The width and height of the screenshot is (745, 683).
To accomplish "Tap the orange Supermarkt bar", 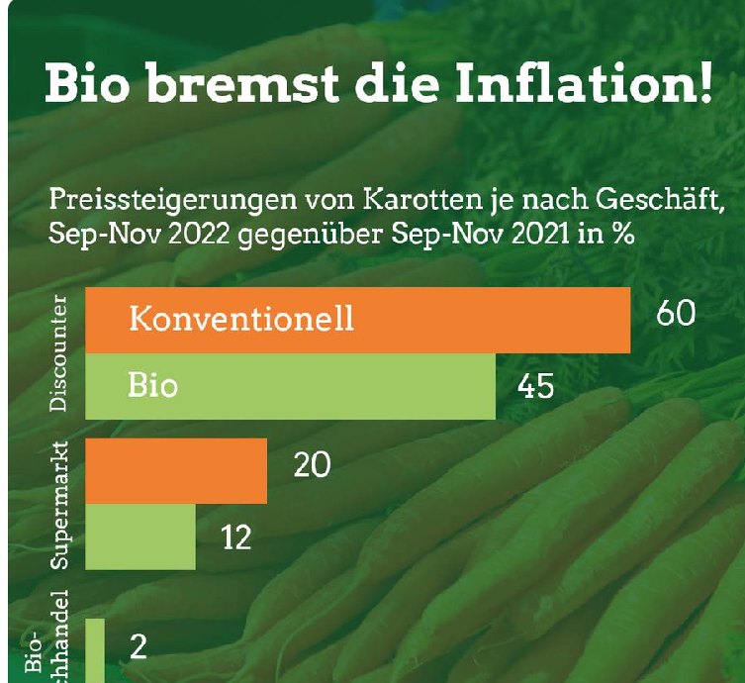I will pyautogui.click(x=177, y=470).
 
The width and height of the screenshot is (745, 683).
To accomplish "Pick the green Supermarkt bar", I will pyautogui.click(x=140, y=537).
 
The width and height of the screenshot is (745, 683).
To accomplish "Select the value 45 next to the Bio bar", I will pyautogui.click(x=535, y=385).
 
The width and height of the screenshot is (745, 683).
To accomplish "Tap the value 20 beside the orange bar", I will pyautogui.click(x=312, y=464).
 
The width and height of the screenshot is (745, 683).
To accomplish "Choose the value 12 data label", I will pyautogui.click(x=235, y=537).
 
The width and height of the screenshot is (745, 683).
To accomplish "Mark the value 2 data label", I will pyautogui.click(x=139, y=647).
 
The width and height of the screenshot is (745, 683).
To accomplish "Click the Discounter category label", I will pyautogui.click(x=58, y=353).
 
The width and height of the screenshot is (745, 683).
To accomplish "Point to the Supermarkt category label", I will pyautogui.click(x=58, y=505).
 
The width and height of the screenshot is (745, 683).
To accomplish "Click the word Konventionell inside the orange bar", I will pyautogui.click(x=241, y=320).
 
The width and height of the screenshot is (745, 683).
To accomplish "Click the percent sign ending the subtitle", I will pyautogui.click(x=621, y=238).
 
